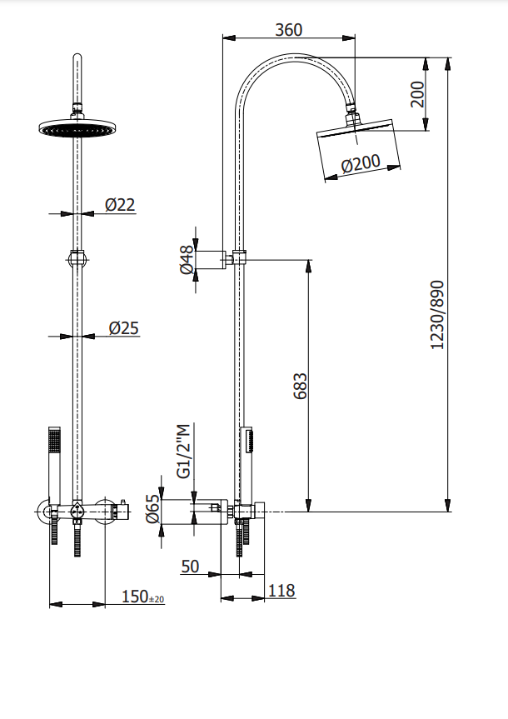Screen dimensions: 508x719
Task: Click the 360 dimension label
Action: pyautogui.click(x=288, y=30)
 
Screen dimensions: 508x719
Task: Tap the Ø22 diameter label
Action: pyautogui.click(x=120, y=204)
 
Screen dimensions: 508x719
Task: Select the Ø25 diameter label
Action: pyautogui.click(x=124, y=328)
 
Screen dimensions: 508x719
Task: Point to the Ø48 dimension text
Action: pyautogui.click(x=187, y=260)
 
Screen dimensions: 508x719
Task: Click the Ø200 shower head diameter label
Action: pyautogui.click(x=361, y=163)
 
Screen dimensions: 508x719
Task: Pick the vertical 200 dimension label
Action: pyautogui.click(x=417, y=94)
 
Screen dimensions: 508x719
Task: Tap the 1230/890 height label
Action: pyautogui.click(x=437, y=315)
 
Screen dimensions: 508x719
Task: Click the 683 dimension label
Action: pyautogui.click(x=300, y=386)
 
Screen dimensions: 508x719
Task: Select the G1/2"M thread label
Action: pyautogui.click(x=184, y=452)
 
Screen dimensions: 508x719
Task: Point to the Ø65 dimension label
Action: pyautogui.click(x=152, y=508)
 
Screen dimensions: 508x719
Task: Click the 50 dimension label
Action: pyautogui.click(x=190, y=567)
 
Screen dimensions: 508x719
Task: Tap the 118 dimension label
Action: pyautogui.click(x=281, y=590)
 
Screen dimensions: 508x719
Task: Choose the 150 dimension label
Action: pyautogui.click(x=135, y=597)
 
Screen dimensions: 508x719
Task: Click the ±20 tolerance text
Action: pyautogui.click(x=157, y=599)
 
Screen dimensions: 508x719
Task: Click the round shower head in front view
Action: pyautogui.click(x=77, y=127)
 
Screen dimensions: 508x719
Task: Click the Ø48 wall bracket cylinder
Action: pyautogui.click(x=211, y=260)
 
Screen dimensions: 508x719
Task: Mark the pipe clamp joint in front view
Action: pyautogui.click(x=77, y=258)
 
